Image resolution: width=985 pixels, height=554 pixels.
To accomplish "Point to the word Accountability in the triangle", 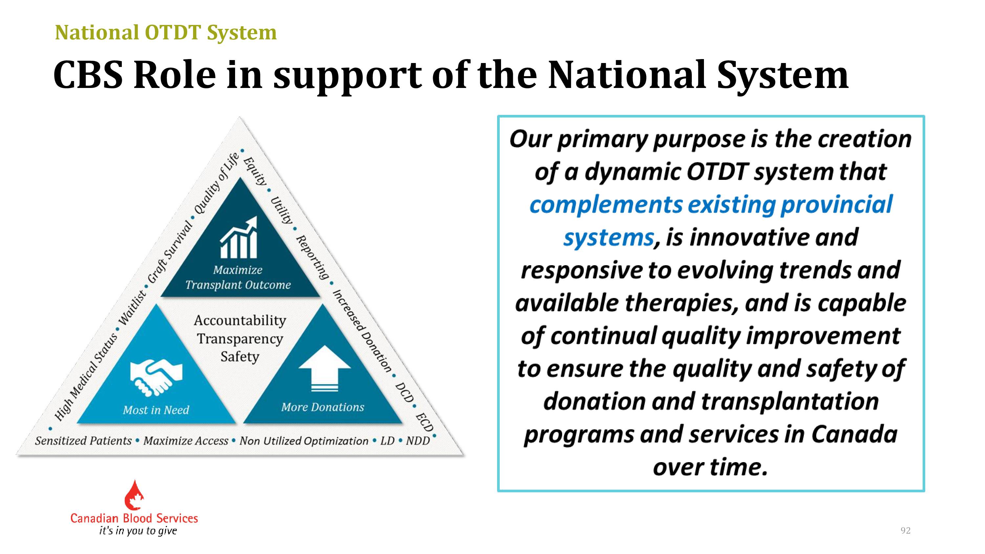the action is (x=240, y=320).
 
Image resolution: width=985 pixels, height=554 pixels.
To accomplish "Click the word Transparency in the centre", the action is (x=240, y=339).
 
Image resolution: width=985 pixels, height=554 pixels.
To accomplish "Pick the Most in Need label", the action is (x=156, y=410).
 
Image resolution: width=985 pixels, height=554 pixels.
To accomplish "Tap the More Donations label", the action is (x=323, y=407).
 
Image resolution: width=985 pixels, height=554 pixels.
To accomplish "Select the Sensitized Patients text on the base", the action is (x=83, y=441).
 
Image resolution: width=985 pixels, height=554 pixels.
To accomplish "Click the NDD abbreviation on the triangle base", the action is (x=418, y=441).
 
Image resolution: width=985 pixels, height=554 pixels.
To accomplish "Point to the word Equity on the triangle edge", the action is (x=255, y=171).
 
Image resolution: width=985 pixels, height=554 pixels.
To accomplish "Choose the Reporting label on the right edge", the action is (x=312, y=257).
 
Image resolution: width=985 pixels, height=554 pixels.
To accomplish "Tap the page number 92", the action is (x=906, y=530).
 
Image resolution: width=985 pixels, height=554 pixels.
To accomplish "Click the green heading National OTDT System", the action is (x=165, y=32).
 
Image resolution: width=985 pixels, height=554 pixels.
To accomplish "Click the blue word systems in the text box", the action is (x=608, y=238).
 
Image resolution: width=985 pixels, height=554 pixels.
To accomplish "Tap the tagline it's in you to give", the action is (x=138, y=531).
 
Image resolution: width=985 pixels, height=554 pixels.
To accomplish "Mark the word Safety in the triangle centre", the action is (x=240, y=357).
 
